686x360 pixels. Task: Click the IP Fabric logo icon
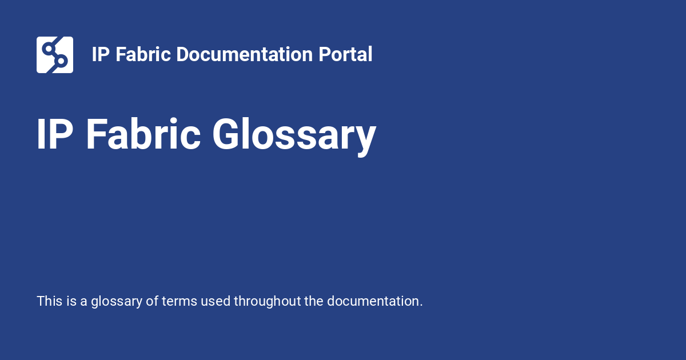[55, 55]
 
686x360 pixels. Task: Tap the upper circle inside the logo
[49, 49]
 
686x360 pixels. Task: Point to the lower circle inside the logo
[61, 61]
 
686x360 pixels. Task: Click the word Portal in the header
[345, 54]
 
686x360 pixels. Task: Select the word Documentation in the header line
[245, 54]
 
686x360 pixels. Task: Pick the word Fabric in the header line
[143, 54]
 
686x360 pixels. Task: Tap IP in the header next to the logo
[101, 54]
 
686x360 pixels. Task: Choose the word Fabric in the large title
[143, 134]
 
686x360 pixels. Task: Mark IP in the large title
[55, 134]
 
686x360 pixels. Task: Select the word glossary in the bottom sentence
[117, 302]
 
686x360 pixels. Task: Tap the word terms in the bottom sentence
[180, 302]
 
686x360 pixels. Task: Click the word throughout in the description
[268, 302]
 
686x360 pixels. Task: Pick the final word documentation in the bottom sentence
[375, 302]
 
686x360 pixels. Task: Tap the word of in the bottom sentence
[152, 301]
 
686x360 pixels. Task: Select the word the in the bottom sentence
[314, 301]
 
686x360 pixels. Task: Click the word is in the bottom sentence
[71, 301]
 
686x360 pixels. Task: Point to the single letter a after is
[83, 302]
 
